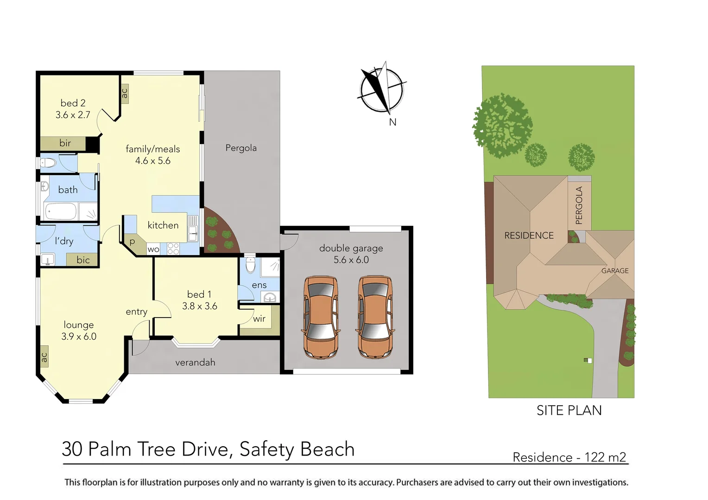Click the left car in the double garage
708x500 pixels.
click(320, 317)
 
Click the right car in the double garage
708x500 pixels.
click(375, 317)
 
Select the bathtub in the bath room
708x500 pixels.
click(60, 212)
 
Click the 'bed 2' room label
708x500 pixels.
click(73, 103)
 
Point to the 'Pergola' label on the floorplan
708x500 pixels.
click(241, 148)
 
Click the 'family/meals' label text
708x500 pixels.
click(152, 149)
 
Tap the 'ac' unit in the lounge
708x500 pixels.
click(44, 357)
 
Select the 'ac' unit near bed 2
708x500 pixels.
click(124, 94)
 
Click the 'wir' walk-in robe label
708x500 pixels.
click(259, 319)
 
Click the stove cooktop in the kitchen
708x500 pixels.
click(173, 249)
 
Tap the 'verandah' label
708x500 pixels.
click(195, 362)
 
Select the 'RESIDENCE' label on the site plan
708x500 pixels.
click(529, 236)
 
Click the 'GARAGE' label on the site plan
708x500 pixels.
click(615, 271)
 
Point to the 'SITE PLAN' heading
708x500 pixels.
click(569, 411)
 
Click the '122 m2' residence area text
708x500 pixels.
click(605, 457)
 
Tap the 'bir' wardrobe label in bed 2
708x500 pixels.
click(65, 144)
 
